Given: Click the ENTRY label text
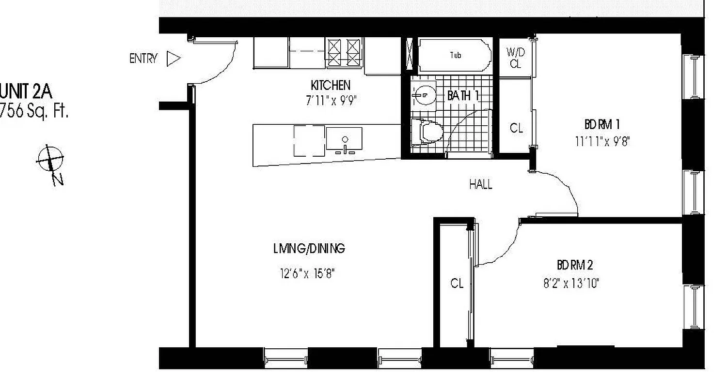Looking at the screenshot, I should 143,59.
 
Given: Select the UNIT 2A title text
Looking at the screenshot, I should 26,91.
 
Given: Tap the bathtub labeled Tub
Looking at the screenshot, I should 455,56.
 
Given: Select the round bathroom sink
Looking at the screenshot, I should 423,95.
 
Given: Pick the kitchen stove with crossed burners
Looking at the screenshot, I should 344,52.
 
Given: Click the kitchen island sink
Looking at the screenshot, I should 344,139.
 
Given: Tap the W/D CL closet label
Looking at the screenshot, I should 515,58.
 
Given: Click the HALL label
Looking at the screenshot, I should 480,184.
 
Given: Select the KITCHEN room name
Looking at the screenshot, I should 330,86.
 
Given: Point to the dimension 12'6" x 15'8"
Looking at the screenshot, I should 307,273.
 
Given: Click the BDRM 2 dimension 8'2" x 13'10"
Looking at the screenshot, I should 571,283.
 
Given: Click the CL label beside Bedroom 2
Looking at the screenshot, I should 457,283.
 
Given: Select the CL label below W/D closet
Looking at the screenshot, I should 516,128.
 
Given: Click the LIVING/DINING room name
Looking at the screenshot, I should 309,249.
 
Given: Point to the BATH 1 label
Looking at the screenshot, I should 463,96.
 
